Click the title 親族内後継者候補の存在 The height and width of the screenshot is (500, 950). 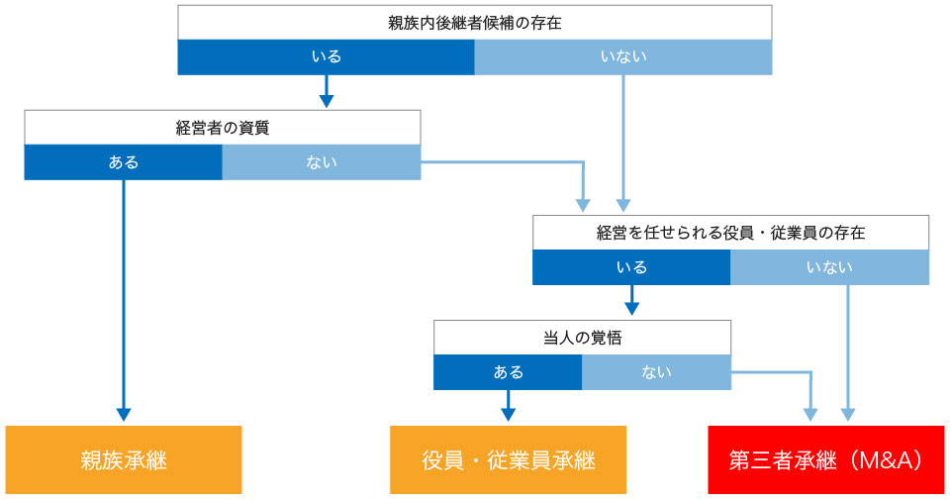tap(474, 23)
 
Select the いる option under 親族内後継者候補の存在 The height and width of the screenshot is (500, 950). tap(326, 57)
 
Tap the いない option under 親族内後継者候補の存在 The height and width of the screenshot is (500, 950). tap(623, 57)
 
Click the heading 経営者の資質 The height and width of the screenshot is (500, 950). tap(223, 128)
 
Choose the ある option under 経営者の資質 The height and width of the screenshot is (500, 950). tap(124, 162)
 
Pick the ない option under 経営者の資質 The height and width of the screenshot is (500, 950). tap(322, 162)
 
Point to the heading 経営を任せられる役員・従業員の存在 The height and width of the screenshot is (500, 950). tap(730, 233)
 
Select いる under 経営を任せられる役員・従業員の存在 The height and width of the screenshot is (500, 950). tap(631, 267)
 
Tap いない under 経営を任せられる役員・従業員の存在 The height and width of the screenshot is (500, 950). tap(830, 267)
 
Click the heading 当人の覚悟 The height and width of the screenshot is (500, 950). tap(582, 338)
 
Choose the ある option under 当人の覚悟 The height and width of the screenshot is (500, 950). tap(508, 372)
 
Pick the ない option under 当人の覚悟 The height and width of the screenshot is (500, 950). tap(657, 372)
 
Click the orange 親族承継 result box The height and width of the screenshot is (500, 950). tap(124, 460)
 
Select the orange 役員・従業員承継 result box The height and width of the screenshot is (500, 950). tap(509, 460)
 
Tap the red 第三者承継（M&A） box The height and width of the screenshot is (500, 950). tap(826, 460)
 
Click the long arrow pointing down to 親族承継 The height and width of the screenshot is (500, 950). tap(124, 301)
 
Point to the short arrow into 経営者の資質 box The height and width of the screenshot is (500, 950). tap(327, 91)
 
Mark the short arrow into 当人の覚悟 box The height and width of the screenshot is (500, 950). tap(632, 300)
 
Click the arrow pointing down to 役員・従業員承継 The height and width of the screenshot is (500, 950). tap(509, 406)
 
